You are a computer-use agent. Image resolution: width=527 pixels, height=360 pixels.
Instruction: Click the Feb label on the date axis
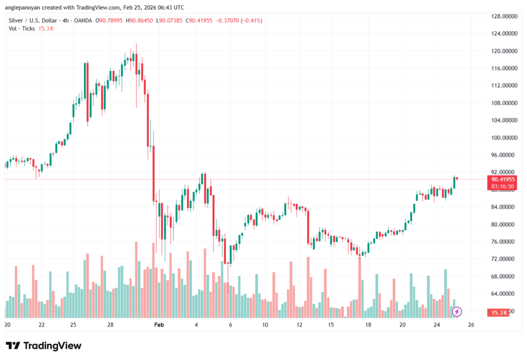coord(159,325)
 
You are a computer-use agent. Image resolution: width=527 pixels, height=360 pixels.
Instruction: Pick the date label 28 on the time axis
coord(111,325)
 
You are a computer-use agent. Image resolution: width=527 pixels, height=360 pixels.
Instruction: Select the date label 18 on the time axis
coord(368,325)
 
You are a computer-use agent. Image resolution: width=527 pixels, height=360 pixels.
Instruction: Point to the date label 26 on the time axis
coord(471,325)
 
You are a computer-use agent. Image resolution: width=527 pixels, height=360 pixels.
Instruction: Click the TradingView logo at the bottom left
coord(44,346)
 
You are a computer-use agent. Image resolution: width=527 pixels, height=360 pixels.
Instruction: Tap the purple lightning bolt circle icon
coord(457,312)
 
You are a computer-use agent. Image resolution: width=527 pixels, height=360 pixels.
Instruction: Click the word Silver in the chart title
coord(17,21)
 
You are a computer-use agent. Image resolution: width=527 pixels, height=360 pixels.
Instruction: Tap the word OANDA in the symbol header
coord(83,21)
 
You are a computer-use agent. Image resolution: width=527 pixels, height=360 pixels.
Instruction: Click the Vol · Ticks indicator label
coord(22,28)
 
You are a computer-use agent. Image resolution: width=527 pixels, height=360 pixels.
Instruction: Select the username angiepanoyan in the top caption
coord(25,8)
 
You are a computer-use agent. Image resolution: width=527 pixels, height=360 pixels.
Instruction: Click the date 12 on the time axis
coord(299,325)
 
